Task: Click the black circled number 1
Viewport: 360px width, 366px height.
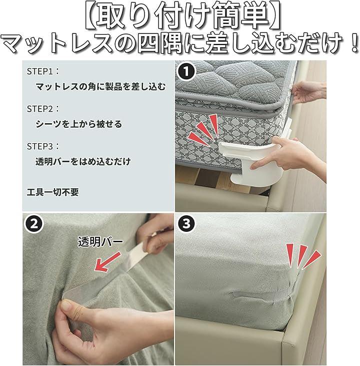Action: pyautogui.click(x=186, y=72)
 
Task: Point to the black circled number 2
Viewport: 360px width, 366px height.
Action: pyautogui.click(x=34, y=224)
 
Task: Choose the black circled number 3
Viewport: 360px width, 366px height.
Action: pyautogui.click(x=186, y=224)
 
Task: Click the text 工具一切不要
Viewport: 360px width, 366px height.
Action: pyautogui.click(x=53, y=192)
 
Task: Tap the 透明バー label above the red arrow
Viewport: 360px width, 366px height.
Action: pyautogui.click(x=100, y=242)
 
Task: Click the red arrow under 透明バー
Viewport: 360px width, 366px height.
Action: pyautogui.click(x=107, y=261)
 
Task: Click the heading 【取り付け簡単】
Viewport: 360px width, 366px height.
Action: pyautogui.click(x=180, y=17)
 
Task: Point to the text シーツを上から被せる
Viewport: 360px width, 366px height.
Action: pyautogui.click(x=79, y=124)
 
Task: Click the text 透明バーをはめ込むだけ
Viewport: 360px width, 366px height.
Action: pyautogui.click(x=83, y=162)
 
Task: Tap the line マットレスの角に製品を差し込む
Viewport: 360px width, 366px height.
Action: pyautogui.click(x=100, y=87)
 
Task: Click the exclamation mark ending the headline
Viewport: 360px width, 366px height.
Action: pyautogui.click(x=353, y=44)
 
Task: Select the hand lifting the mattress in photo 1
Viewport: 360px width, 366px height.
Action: pyautogui.click(x=308, y=92)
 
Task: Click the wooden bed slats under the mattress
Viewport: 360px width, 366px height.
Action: pyautogui.click(x=221, y=181)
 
